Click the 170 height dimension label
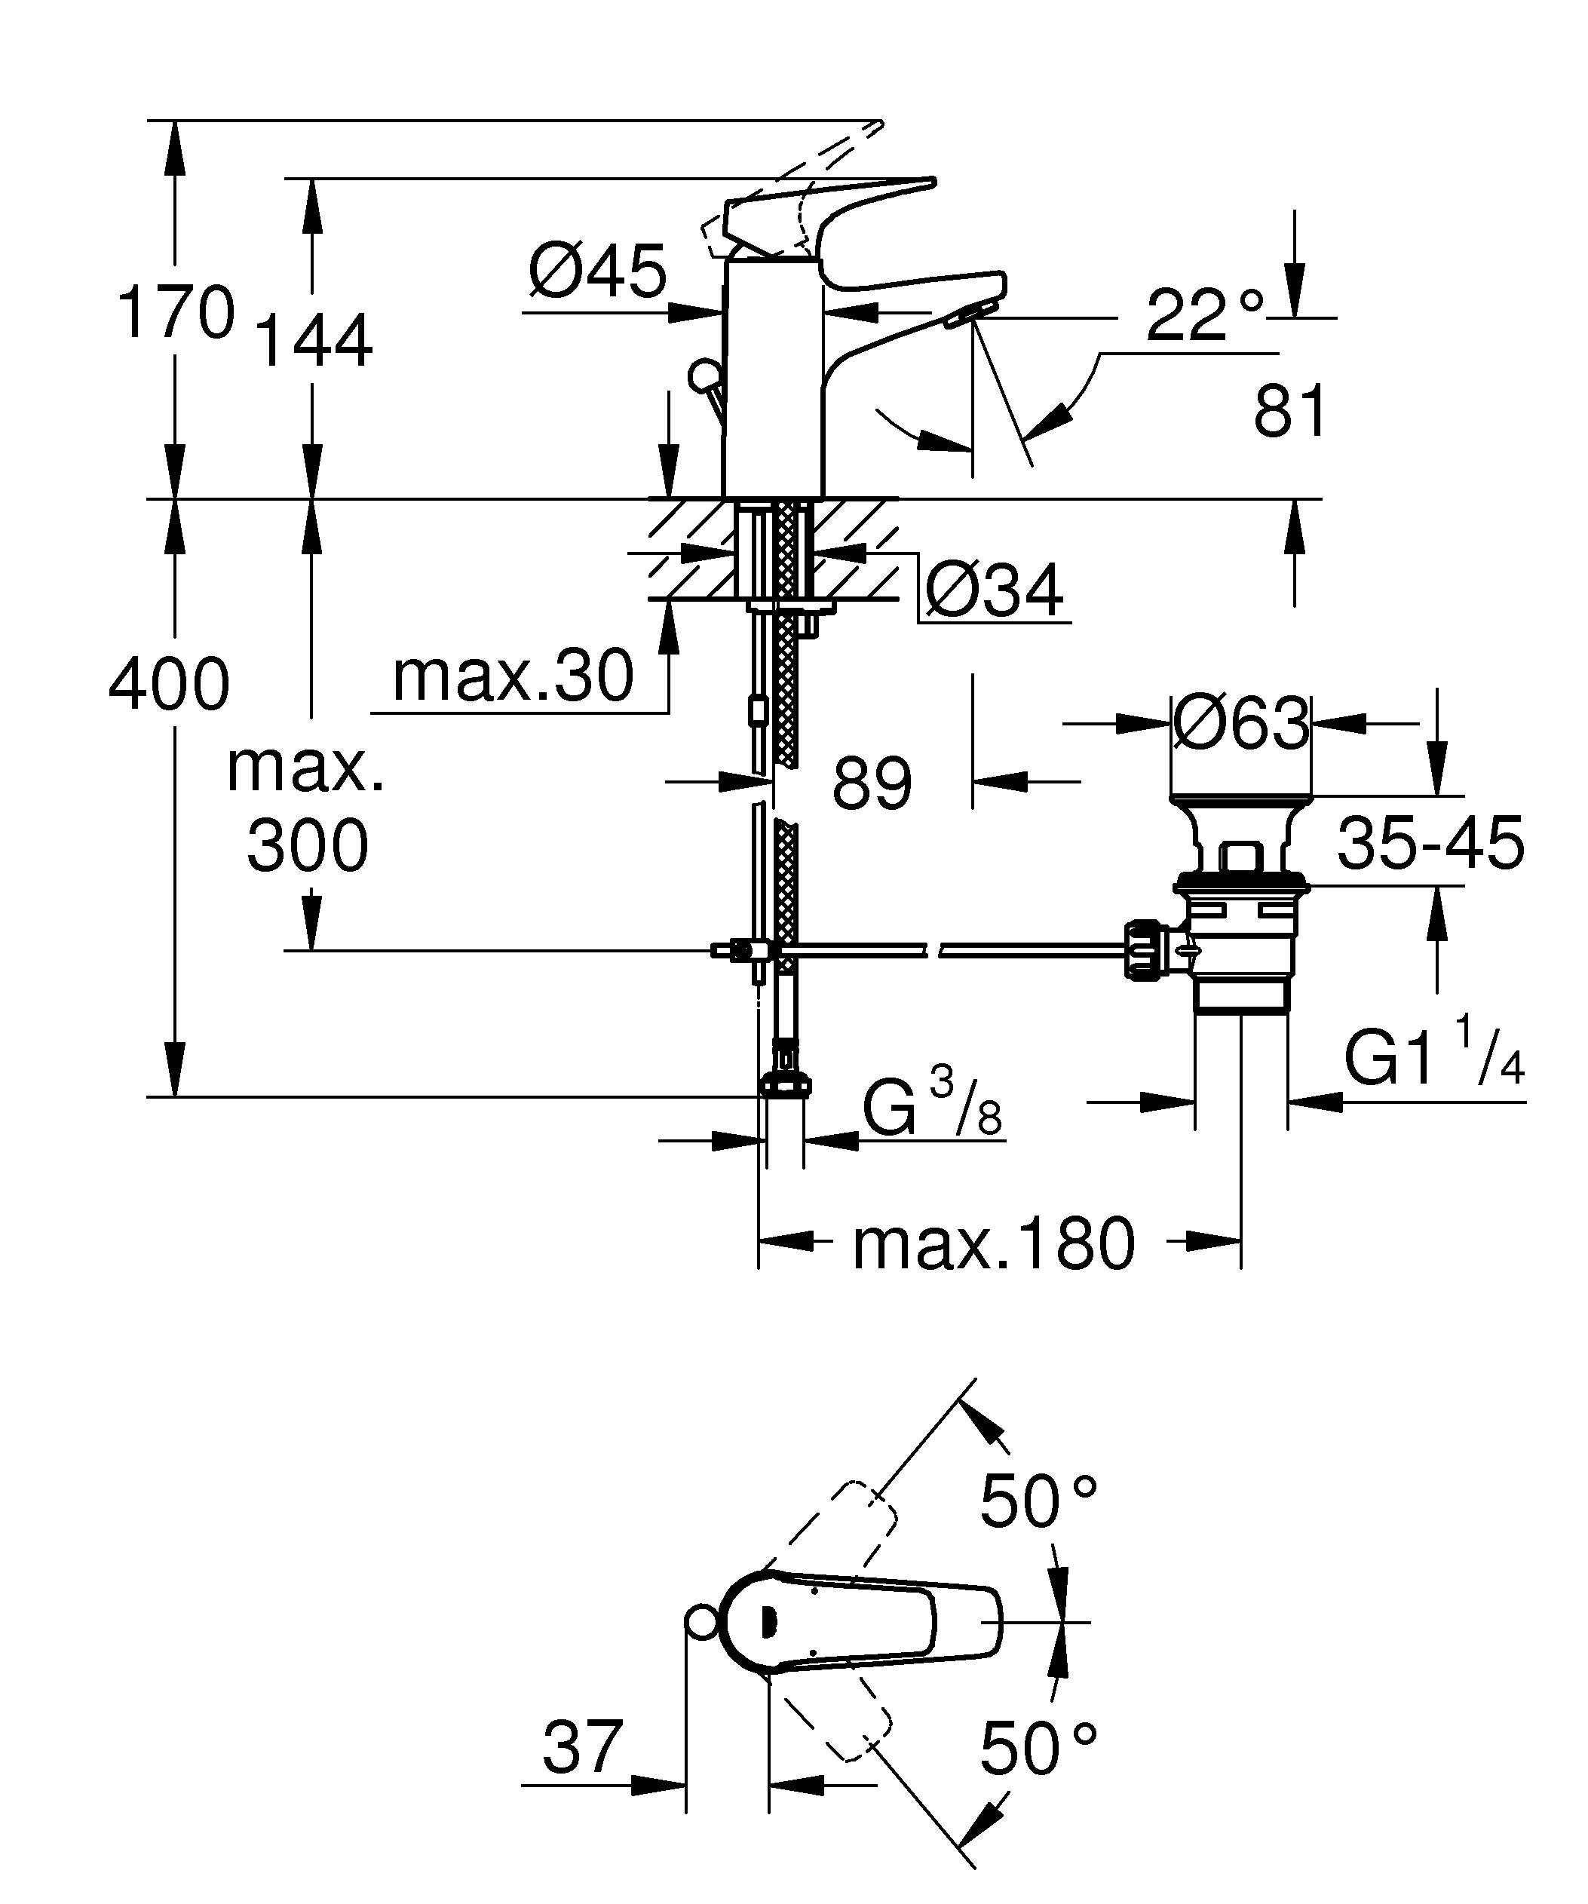tap(176, 312)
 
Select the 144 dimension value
tap(314, 341)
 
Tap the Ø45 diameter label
tap(597, 271)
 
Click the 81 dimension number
tap(1290, 411)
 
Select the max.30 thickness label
tap(512, 676)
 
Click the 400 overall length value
tap(169, 684)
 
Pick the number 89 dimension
tap(871, 783)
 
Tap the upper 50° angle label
tap(1038, 1501)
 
